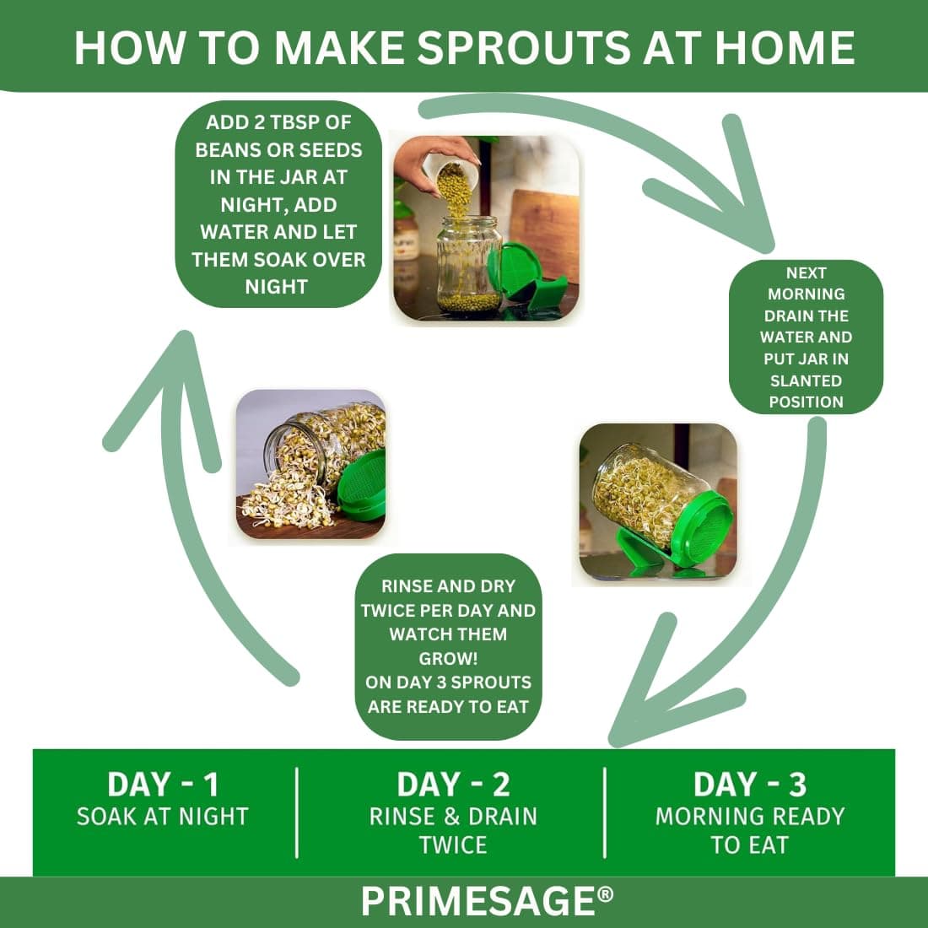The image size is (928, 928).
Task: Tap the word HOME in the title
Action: [785, 47]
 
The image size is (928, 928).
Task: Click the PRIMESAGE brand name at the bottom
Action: [478, 901]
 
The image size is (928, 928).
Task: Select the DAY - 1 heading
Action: [163, 785]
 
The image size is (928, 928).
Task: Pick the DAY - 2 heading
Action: [453, 785]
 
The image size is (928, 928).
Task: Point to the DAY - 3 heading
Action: [750, 785]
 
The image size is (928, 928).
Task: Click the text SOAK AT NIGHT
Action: [163, 817]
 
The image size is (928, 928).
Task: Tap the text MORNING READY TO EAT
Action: [750, 830]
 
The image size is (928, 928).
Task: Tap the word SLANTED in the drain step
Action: [806, 380]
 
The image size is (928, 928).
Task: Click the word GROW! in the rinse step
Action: [448, 659]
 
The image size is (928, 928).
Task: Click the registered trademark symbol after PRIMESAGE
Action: [606, 893]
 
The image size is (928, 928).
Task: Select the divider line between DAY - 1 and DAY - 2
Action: [296, 812]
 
